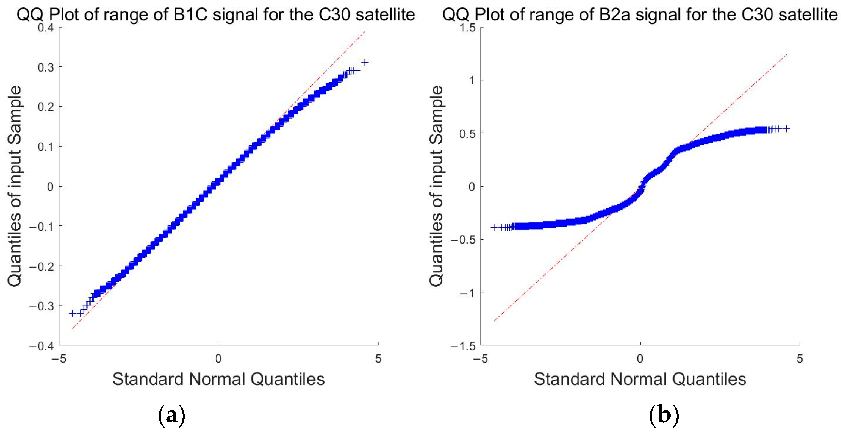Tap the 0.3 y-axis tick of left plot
pos(46,68)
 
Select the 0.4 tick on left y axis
pos(46,28)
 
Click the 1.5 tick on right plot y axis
pos(468,28)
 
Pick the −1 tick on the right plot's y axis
pos(467,293)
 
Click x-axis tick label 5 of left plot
pos(378,359)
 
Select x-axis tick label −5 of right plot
pos(480,359)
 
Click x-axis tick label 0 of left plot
pos(219,359)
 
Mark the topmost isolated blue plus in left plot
pos(365,62)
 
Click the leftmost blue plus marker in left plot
pos(72,313)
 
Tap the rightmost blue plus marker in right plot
pos(787,129)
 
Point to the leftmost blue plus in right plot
pos(494,227)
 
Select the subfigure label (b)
pos(664,415)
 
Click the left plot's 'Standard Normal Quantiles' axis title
pos(219,379)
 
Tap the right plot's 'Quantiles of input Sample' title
pos(436,186)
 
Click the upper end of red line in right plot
pos(787,54)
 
